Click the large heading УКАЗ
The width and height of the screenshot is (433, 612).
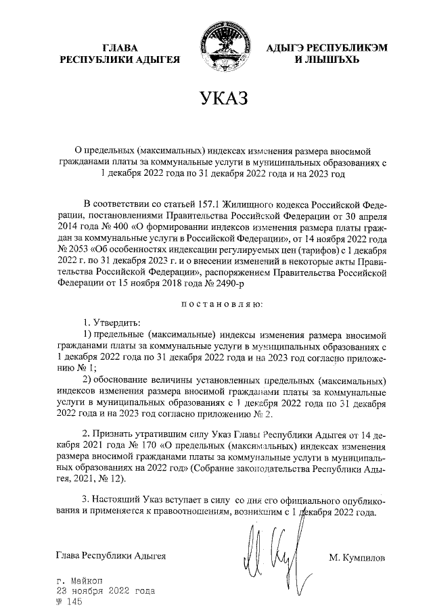click(x=223, y=99)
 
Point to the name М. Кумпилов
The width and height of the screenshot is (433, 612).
click(x=357, y=558)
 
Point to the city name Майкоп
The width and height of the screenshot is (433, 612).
click(x=85, y=581)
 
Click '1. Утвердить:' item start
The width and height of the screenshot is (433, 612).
click(x=111, y=321)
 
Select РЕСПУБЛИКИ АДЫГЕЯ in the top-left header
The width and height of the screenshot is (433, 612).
click(x=119, y=60)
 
